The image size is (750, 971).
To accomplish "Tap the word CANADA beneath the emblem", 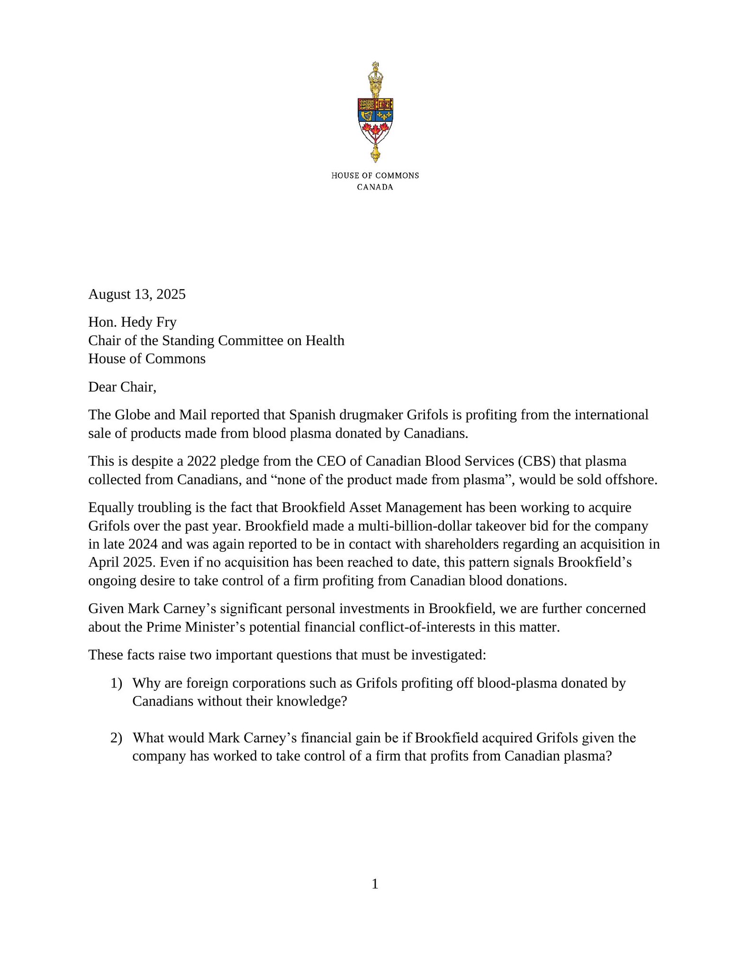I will [375, 187].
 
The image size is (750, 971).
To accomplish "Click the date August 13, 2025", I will [137, 294].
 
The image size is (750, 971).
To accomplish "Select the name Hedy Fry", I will [149, 322].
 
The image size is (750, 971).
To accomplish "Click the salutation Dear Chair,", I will [122, 387].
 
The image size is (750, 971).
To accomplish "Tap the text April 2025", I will [122, 562].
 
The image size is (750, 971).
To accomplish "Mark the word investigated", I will [448, 655].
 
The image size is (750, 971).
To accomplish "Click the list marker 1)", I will [117, 683].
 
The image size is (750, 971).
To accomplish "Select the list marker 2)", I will [117, 738].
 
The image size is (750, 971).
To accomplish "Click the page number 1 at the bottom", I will [375, 884].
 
